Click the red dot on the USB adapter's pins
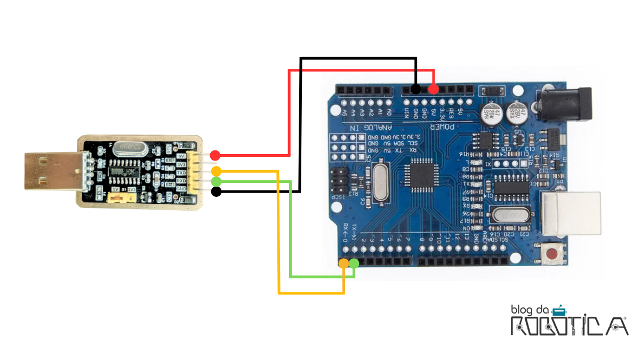tap(215, 155)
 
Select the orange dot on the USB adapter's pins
tap(216, 171)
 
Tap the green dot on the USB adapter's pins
tap(216, 182)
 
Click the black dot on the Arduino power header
tap(415, 89)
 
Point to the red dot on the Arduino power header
tap(434, 89)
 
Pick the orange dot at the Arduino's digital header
tap(344, 263)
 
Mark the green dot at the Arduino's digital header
tap(354, 262)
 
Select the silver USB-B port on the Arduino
tap(571, 213)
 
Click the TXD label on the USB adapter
tap(181, 173)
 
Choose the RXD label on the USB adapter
tap(181, 180)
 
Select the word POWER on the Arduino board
tap(442, 126)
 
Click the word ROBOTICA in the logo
tap(569, 325)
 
